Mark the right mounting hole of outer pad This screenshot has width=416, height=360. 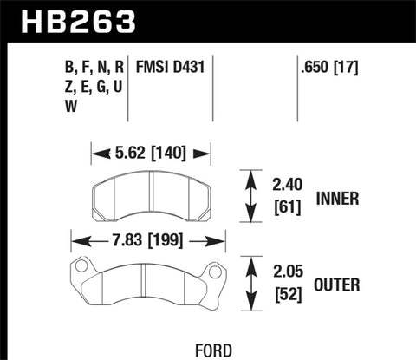pyautogui.click(x=217, y=266)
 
